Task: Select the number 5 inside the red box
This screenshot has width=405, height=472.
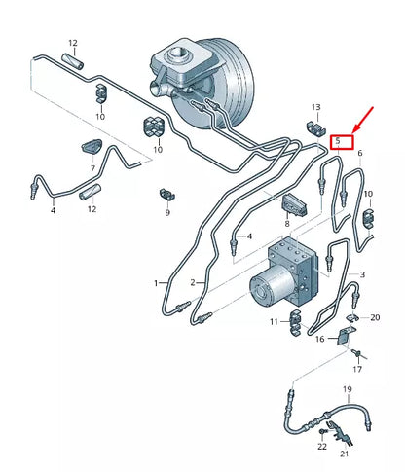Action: (338, 142)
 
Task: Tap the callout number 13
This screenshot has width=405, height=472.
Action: (315, 106)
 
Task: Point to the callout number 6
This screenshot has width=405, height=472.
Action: (359, 154)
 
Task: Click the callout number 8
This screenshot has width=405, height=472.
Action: (287, 224)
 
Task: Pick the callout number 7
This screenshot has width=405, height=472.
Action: (92, 169)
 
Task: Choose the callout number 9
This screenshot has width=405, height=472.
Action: (166, 211)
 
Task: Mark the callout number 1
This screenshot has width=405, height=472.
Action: (155, 283)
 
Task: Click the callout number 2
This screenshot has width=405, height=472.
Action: (192, 283)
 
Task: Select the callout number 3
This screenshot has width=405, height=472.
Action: (363, 275)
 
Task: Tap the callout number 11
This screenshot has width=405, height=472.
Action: (274, 321)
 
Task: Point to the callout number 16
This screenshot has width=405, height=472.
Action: (318, 339)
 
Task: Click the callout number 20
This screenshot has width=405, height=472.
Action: (376, 317)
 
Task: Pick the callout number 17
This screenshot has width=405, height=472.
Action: (357, 369)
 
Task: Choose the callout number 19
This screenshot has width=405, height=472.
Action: (346, 389)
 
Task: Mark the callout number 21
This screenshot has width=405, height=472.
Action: (343, 454)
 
